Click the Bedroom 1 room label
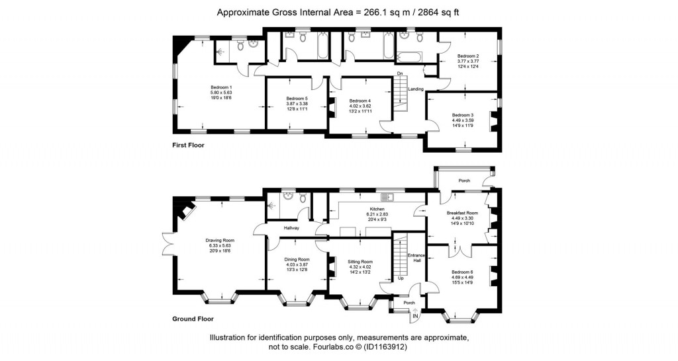221,87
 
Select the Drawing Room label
220,240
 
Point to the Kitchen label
377,210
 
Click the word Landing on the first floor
416,89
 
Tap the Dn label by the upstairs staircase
400,73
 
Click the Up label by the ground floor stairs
401,278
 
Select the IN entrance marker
415,317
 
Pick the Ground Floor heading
193,319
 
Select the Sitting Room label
360,262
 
